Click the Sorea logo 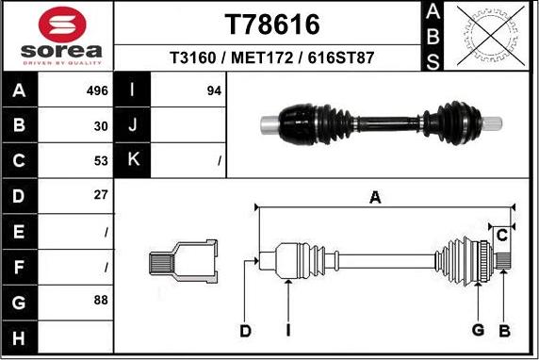coord(57,37)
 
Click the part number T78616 coord(271,23)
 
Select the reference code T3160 coord(190,57)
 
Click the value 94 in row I coord(213,91)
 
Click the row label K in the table coord(133,160)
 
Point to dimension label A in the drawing coord(375,197)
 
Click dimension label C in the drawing coord(502,234)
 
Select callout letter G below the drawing coord(478,330)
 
